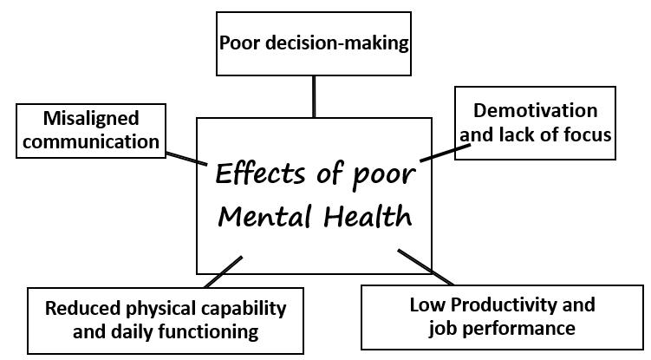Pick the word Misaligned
[90, 117]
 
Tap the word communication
[90, 140]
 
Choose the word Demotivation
[535, 111]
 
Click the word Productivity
[530, 304]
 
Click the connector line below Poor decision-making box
[314, 95]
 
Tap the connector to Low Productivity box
[425, 267]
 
